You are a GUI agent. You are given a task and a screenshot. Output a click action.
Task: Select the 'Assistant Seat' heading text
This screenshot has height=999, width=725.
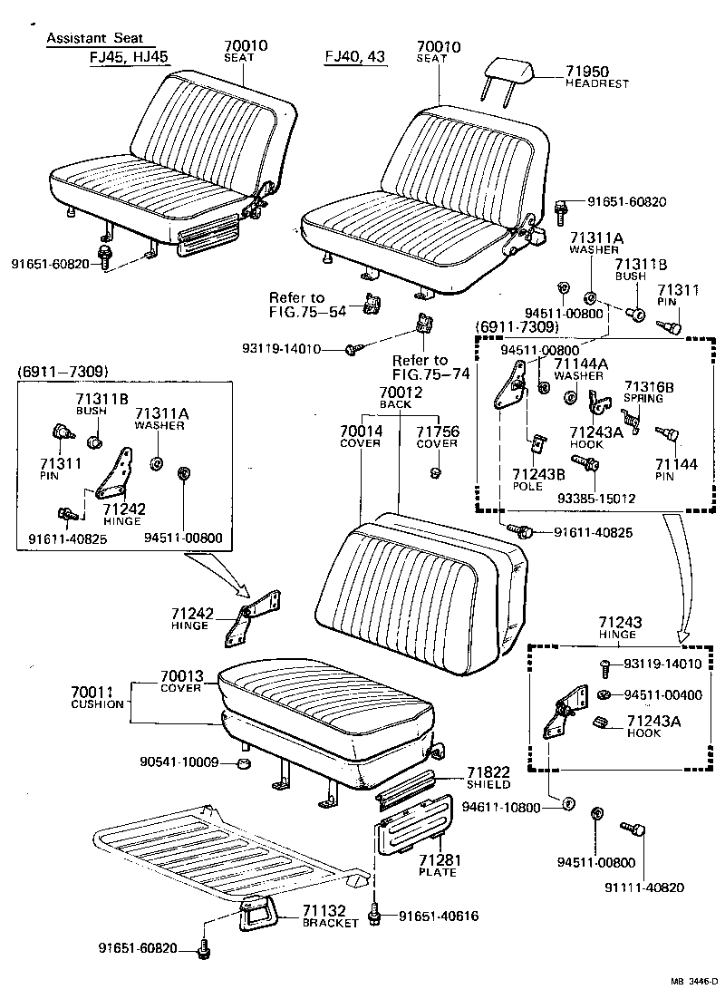coord(100,39)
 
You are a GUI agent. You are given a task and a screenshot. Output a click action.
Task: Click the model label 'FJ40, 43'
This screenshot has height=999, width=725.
coord(355,56)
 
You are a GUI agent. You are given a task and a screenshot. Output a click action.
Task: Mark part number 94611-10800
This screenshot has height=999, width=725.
coord(500,806)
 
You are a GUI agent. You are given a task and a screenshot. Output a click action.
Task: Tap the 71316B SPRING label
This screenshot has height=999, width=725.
coord(648,392)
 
